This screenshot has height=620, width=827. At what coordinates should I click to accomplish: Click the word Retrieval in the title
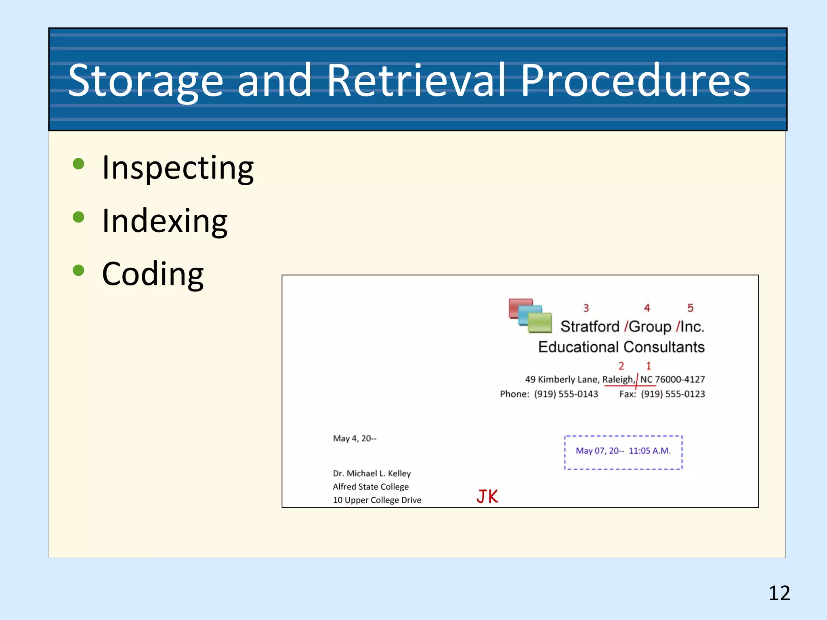[416, 81]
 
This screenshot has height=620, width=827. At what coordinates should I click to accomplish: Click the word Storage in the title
[145, 81]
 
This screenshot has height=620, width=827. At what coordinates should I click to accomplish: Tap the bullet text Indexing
[165, 221]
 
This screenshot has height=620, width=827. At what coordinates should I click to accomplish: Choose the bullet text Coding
[153, 274]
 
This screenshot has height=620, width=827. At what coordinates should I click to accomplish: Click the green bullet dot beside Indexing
[78, 217]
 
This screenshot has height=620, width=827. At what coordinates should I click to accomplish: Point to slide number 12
[779, 593]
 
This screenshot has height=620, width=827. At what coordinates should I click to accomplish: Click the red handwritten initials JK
[487, 496]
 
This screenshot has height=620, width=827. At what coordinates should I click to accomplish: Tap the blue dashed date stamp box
[623, 452]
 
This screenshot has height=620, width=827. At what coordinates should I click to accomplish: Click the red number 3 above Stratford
[586, 308]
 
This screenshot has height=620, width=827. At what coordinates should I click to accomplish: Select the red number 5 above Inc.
[690, 308]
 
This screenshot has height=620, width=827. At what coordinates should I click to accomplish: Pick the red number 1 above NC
[649, 366]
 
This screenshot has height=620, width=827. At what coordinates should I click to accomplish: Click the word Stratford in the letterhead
[590, 326]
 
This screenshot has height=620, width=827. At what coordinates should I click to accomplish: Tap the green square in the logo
[540, 323]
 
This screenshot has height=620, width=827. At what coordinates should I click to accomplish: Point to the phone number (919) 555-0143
[566, 394]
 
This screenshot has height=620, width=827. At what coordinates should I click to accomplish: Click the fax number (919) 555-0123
[673, 394]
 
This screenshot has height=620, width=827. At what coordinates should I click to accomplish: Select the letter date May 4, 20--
[355, 438]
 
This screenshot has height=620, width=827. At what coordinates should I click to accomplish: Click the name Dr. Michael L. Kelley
[372, 473]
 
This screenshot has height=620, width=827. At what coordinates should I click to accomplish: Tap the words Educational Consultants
[621, 347]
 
